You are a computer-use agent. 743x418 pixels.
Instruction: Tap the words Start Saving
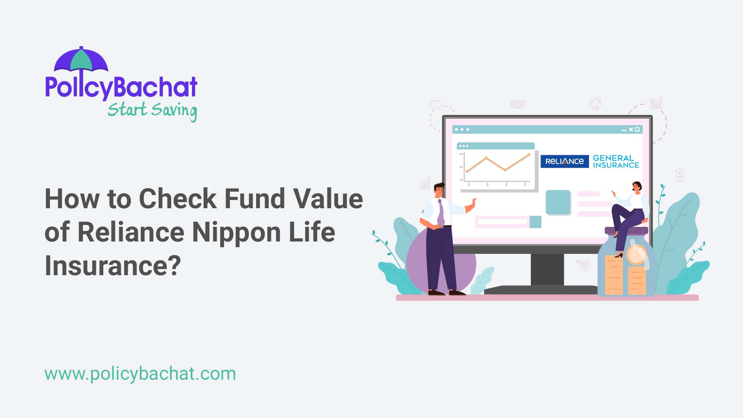point(152,111)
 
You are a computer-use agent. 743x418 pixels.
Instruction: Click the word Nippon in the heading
point(236,232)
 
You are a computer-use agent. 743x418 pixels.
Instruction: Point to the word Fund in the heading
point(255,199)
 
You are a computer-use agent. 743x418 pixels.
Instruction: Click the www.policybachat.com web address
point(140,374)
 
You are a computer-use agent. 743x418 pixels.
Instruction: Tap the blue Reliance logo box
point(564,161)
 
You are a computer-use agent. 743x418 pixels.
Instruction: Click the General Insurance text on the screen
point(616,161)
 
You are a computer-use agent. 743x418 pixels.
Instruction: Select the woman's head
point(637,187)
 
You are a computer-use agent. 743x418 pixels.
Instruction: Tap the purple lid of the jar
point(626,231)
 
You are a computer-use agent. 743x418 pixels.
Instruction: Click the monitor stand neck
point(547,269)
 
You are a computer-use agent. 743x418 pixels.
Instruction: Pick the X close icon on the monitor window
point(631,129)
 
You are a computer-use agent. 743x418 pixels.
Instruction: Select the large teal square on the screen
point(558,202)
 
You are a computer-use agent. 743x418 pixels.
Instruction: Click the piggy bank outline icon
point(436,104)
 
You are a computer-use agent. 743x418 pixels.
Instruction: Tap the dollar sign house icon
point(680,175)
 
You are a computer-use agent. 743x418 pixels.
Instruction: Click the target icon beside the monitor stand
point(585,266)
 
